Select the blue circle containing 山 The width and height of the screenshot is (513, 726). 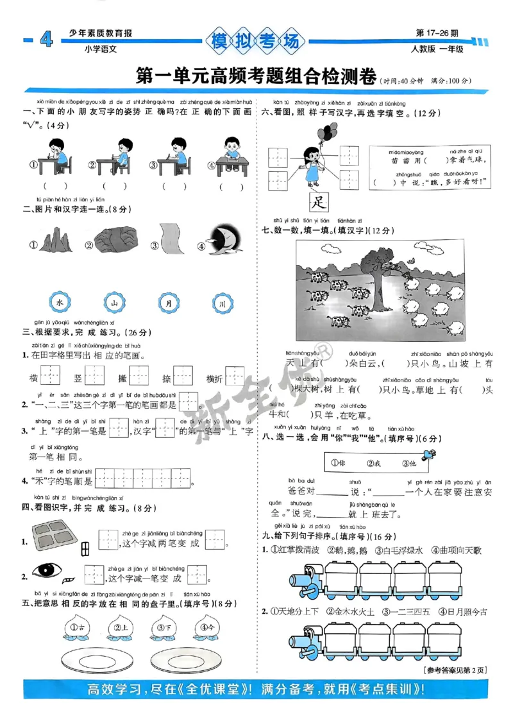113,301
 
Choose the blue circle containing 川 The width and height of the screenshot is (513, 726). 221,302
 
